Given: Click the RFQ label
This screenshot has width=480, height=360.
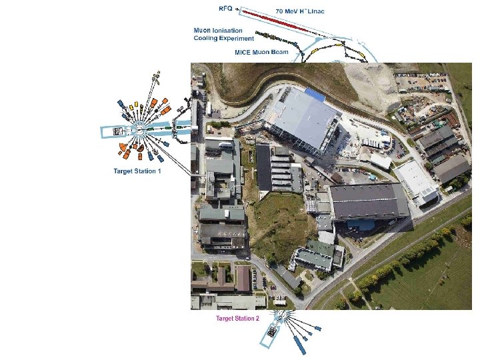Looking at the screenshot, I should (226, 8).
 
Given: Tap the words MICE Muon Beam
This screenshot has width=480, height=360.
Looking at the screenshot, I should (261, 51).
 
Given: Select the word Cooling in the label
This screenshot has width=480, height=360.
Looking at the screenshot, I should (208, 38).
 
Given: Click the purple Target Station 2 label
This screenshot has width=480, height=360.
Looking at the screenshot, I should (236, 319).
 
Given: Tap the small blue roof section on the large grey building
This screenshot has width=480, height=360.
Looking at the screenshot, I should (314, 95).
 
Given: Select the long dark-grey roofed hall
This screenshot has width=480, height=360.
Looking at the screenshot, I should (369, 201).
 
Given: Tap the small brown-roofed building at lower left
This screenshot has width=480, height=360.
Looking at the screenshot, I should (243, 278).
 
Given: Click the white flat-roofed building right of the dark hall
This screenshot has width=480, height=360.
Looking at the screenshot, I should (416, 180).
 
